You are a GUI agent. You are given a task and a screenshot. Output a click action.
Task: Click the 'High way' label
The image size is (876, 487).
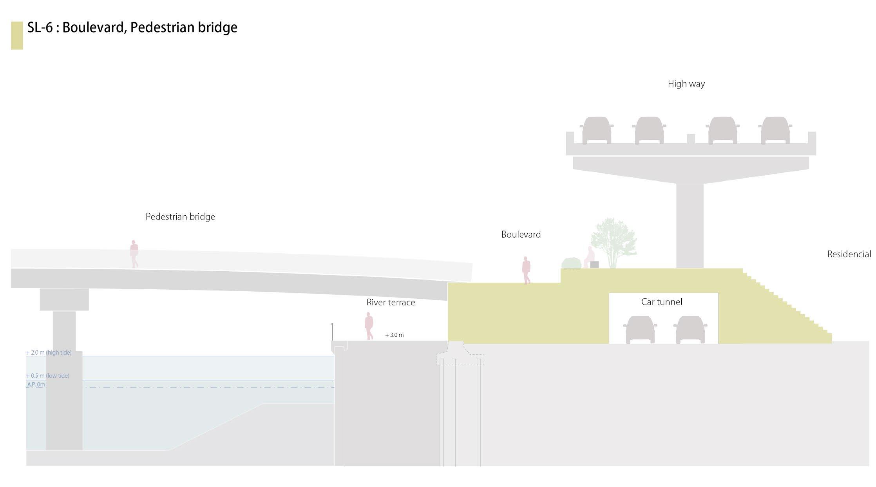(x=686, y=84)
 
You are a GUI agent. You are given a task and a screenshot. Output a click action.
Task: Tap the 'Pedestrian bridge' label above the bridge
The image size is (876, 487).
(x=180, y=216)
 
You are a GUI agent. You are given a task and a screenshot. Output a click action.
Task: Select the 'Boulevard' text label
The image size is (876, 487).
(x=521, y=234)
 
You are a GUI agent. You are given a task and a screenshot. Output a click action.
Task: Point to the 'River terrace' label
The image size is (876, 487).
(x=391, y=302)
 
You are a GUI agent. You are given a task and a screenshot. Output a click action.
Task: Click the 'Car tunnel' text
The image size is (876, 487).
(x=661, y=302)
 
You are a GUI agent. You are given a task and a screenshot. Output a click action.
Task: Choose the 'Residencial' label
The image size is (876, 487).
(x=849, y=254)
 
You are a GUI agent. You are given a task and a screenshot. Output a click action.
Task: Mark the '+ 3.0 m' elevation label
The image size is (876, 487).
(x=394, y=335)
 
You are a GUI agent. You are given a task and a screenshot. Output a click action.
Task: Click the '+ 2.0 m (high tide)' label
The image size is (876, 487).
(x=49, y=352)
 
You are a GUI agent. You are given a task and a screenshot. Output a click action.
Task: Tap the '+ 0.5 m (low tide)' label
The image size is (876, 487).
(x=47, y=375)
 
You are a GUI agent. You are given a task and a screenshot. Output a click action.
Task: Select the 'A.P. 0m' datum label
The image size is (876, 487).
(x=36, y=384)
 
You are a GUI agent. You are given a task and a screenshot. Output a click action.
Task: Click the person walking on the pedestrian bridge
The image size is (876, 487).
(x=134, y=254)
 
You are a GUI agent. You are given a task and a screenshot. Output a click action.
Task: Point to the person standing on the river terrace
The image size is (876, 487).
(x=369, y=326)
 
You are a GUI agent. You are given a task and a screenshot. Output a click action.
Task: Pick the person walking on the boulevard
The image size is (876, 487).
(x=526, y=270)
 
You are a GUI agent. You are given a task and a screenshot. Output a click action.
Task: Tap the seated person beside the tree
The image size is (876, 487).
(x=588, y=257)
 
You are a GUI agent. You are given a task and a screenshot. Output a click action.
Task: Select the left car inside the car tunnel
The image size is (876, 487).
(x=640, y=330)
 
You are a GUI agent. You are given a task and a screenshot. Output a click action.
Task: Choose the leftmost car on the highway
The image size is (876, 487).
(x=596, y=130)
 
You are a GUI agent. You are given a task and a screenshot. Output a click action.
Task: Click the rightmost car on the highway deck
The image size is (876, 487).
(x=775, y=130)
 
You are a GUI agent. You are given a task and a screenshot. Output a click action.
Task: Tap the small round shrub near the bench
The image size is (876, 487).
(x=571, y=263)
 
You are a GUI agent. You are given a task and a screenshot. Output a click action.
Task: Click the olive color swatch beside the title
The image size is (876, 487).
(x=17, y=35)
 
